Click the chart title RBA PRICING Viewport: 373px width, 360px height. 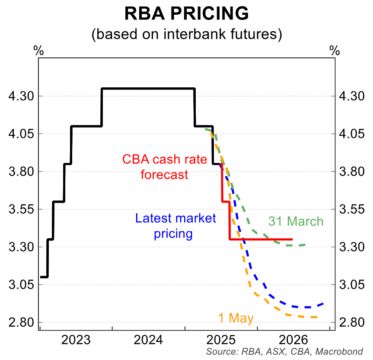pos(186,14)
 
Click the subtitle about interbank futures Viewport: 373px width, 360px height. pos(186,34)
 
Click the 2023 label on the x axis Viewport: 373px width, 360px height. pos(76,339)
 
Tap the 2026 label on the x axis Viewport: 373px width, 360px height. pos(294,339)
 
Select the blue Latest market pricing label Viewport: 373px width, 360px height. pos(175,226)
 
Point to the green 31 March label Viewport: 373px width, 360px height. pos(296,221)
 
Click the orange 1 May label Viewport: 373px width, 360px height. pos(236,318)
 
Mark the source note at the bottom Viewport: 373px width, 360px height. pos(284,352)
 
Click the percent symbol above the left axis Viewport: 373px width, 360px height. pos(38,50)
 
